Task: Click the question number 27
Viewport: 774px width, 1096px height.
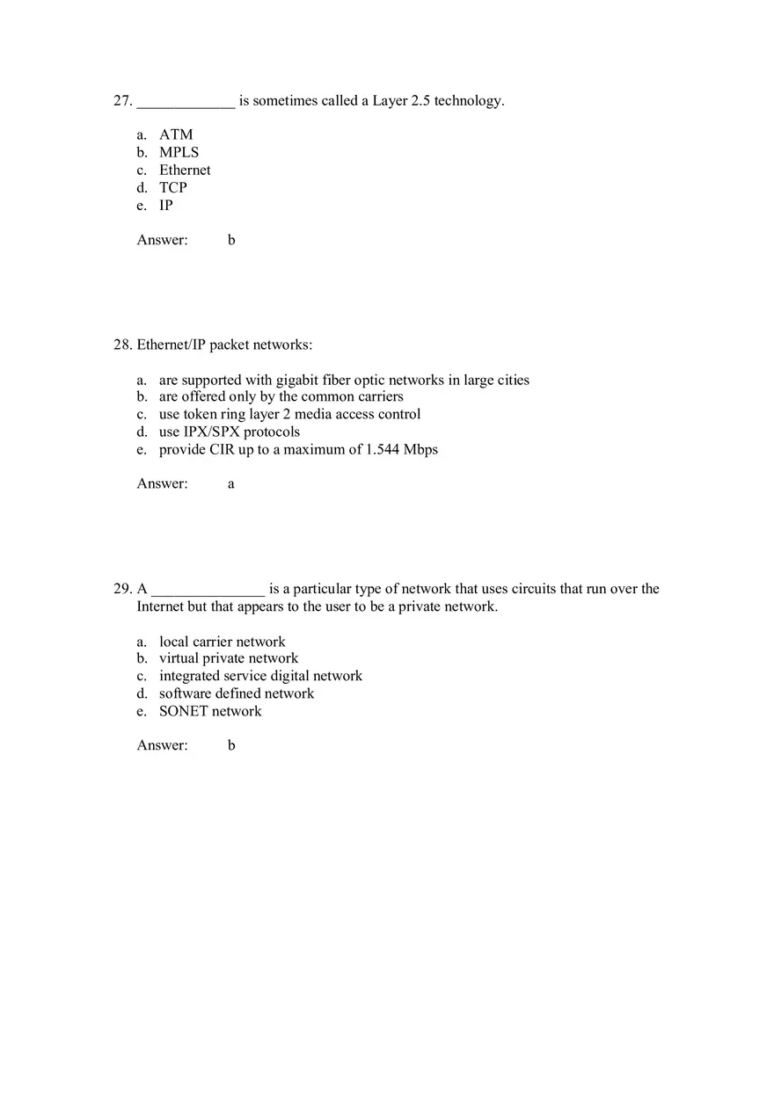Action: coord(121,101)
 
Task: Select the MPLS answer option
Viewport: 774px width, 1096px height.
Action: coord(179,152)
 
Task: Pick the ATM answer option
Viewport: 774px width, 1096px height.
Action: coord(176,134)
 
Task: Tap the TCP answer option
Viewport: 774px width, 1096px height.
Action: coord(173,187)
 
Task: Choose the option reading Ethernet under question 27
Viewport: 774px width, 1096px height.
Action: coord(185,170)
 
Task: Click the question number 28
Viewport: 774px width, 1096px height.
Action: coord(121,345)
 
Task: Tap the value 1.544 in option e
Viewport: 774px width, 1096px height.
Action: coord(382,449)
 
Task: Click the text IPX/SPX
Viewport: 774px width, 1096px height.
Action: coord(211,432)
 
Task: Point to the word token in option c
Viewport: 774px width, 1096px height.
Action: coord(200,414)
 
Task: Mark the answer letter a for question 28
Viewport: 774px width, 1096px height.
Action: coord(231,484)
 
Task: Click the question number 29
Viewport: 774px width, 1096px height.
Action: coord(121,589)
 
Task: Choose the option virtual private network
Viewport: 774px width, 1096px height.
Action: coord(229,658)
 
